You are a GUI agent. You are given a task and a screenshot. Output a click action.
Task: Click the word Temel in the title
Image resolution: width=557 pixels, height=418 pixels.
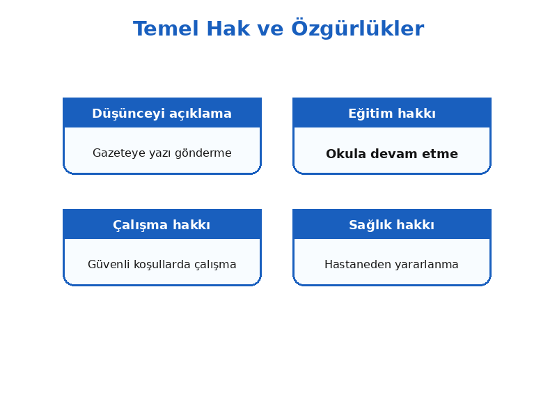coord(166,29)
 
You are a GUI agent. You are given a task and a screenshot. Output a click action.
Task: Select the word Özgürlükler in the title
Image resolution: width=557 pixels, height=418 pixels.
coord(358,29)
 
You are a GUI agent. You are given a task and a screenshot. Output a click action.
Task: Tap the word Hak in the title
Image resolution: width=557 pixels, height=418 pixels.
coord(228,29)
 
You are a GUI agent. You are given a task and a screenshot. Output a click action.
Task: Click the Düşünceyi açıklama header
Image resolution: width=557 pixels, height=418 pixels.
coord(162,114)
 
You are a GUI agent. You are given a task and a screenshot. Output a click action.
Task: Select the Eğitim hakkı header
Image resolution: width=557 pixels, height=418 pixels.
coord(392,114)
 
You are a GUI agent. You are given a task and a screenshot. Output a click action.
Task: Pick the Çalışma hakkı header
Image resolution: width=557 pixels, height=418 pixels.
coord(162,225)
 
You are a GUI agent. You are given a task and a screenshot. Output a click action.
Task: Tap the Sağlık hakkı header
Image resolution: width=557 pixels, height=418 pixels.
coord(391,225)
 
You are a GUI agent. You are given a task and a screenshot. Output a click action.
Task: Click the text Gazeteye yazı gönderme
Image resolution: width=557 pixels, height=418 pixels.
coord(162,153)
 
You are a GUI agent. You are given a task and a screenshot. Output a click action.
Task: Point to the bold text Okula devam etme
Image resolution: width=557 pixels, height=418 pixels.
coord(392,154)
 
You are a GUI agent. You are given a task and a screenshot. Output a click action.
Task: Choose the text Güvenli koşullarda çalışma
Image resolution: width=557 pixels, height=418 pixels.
coord(162,265)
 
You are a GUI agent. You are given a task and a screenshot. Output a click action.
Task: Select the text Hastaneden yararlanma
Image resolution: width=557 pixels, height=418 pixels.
coord(391,265)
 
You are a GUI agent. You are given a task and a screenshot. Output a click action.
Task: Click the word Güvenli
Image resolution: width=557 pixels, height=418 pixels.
coord(109,265)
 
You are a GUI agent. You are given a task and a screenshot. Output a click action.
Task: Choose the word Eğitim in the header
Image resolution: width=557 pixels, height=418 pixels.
coord(370,114)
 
